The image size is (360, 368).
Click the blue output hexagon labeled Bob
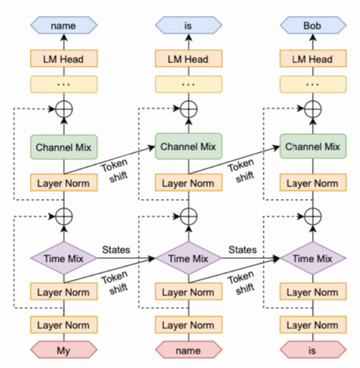313,26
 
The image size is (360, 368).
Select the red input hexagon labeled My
63,350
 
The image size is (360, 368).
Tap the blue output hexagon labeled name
63,26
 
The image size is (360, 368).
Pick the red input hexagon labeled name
188,350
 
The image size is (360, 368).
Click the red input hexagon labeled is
312,350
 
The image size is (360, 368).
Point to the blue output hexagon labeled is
188,26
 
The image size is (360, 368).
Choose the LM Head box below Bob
313,59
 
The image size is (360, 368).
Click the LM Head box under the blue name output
63,59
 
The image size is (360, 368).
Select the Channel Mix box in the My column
63,147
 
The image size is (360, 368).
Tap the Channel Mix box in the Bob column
313,147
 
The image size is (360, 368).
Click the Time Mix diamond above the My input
63,259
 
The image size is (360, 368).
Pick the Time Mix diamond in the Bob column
313,259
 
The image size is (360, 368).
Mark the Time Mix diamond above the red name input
188,259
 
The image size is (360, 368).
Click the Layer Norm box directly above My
63,325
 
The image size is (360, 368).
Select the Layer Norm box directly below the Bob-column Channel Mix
313,183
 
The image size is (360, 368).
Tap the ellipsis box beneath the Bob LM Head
313,84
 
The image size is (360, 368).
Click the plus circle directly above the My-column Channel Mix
63,109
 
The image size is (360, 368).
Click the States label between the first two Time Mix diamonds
116,249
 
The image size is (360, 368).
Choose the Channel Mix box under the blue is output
188,147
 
